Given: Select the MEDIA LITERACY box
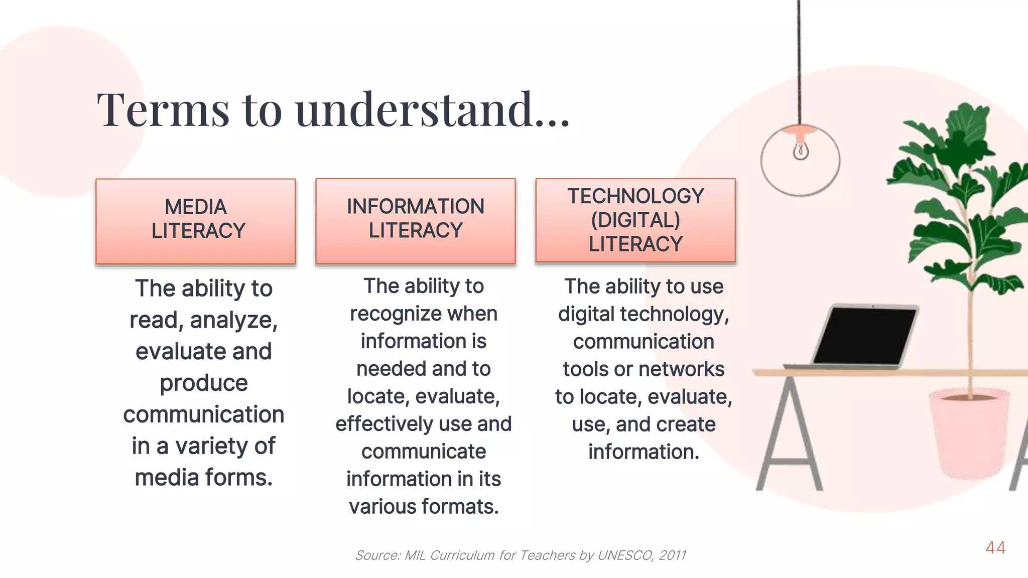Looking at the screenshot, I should tap(196, 221).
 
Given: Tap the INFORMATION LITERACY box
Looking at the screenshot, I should tap(416, 220).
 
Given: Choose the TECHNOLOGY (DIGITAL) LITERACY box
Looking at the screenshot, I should tap(635, 220).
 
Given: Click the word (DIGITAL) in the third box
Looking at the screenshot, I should tap(635, 220).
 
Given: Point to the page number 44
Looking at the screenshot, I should tap(995, 547).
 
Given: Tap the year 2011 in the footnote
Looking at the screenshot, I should tap(673, 555).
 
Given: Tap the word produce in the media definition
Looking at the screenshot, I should tap(204, 383).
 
